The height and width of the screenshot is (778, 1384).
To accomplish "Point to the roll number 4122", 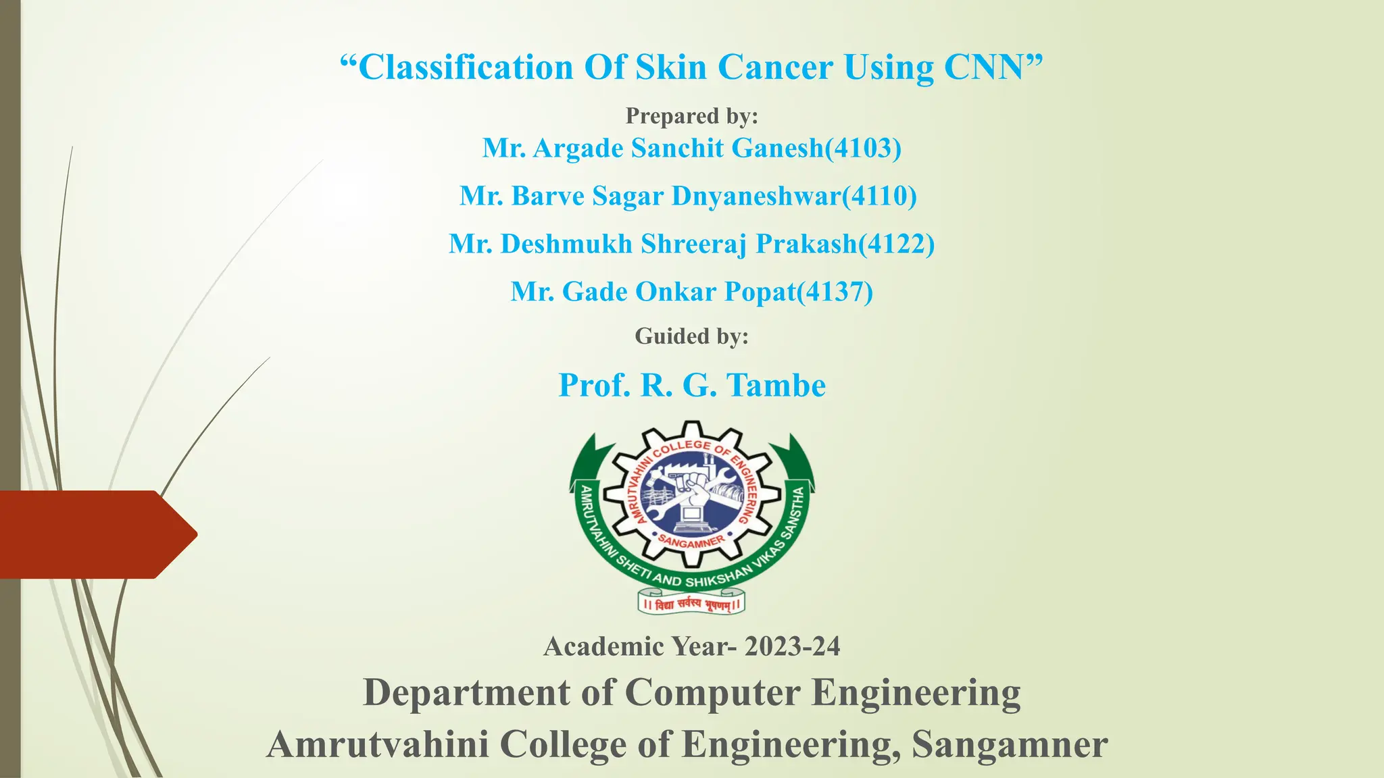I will pos(896,244).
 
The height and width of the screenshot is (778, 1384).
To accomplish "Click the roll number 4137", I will pos(835,292).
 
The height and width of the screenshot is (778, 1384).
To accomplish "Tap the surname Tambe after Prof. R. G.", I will pos(776,386).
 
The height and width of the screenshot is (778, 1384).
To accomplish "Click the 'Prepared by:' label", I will pos(691,116).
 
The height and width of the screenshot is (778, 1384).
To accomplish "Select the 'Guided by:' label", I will pos(691,336).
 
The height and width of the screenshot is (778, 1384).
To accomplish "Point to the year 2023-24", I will pos(792,646).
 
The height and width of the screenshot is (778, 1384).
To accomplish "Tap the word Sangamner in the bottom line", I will pos(1010,744).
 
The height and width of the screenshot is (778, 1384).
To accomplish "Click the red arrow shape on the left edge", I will pos(95,534).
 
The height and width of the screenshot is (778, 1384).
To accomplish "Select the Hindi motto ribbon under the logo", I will pos(691,603).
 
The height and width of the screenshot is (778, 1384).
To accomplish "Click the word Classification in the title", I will pos(466,68).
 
